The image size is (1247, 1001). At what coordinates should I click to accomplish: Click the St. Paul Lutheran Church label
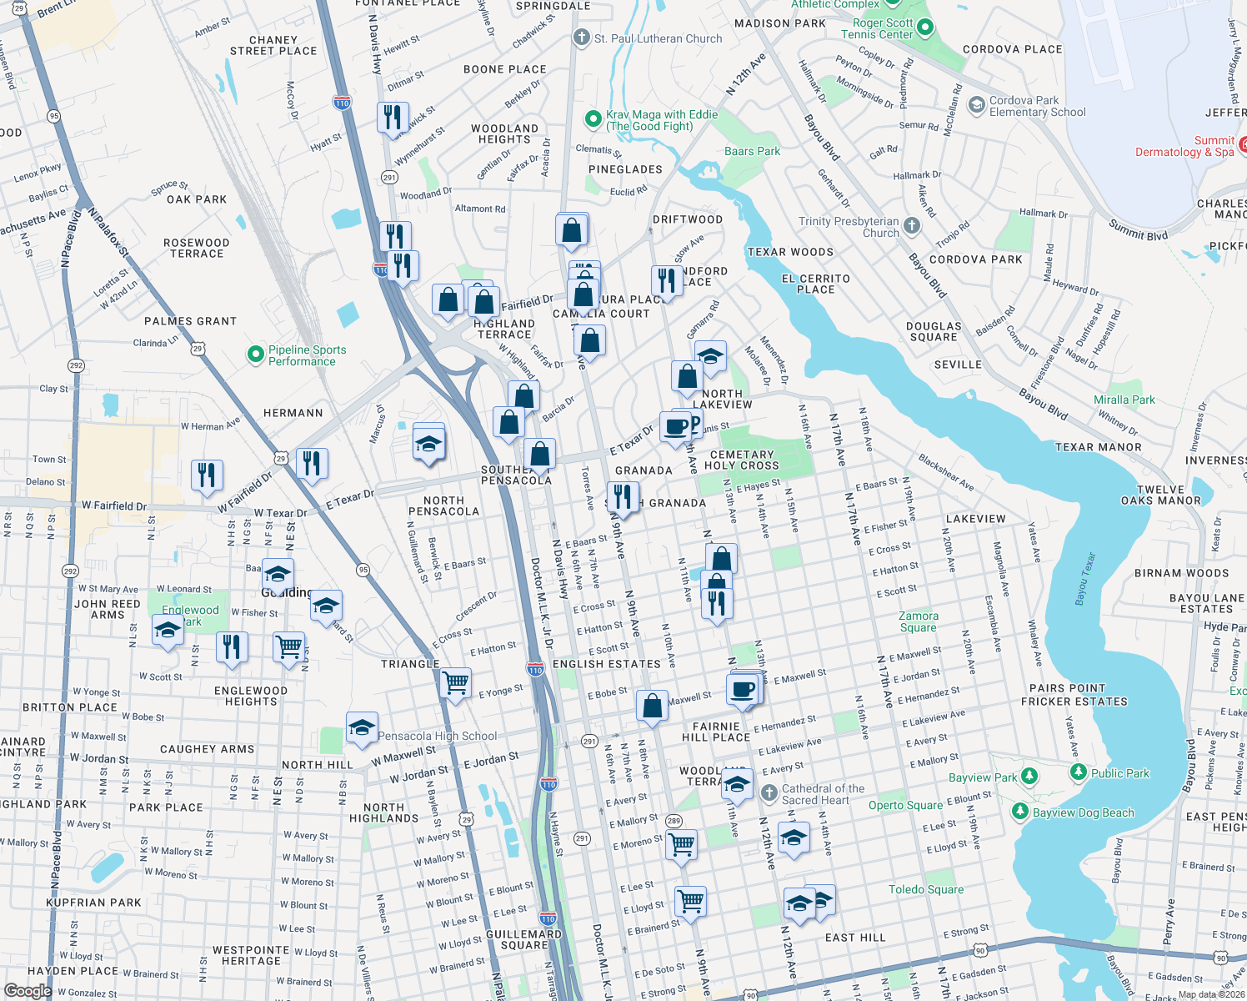tap(658, 38)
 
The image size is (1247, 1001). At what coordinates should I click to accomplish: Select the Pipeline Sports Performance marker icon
tap(256, 355)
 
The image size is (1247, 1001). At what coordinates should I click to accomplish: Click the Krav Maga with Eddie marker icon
tap(593, 119)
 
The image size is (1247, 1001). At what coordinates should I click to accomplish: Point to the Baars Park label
tap(752, 151)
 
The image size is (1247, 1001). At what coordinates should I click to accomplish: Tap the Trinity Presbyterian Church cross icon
tap(912, 226)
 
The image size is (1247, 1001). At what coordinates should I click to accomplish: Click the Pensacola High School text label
tap(437, 736)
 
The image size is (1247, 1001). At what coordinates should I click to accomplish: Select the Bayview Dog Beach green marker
tap(1019, 812)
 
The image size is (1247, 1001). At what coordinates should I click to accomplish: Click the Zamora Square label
tap(918, 621)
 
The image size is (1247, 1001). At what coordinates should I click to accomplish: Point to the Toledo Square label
tap(925, 889)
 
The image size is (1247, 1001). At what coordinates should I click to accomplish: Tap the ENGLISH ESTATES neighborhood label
tap(606, 664)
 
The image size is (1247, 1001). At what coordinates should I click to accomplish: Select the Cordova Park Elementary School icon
tap(976, 106)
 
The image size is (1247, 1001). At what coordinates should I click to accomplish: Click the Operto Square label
tap(905, 805)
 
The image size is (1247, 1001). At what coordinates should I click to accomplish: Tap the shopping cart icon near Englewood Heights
tap(288, 646)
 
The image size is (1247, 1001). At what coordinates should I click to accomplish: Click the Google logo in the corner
tap(28, 991)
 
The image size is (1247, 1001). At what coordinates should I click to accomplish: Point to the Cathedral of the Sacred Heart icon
tap(769, 792)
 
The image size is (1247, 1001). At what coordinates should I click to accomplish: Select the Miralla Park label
tap(1124, 400)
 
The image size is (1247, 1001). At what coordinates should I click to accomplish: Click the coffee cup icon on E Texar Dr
tap(675, 427)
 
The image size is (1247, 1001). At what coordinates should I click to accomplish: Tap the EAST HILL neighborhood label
tap(855, 938)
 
